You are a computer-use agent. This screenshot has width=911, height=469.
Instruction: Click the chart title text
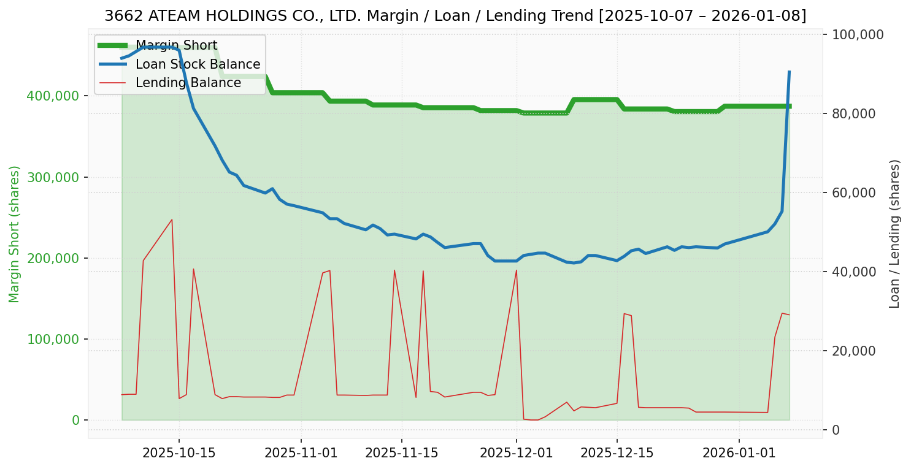(455, 16)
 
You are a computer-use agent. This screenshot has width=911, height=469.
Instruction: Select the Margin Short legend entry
(176, 46)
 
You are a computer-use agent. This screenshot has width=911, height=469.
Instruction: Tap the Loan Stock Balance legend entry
(198, 64)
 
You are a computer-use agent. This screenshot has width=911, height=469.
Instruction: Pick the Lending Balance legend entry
(188, 83)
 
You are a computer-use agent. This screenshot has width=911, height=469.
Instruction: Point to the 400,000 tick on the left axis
(53, 96)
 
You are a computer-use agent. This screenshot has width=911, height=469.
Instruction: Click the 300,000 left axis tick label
(53, 178)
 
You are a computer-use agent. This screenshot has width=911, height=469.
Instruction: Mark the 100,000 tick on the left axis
(53, 340)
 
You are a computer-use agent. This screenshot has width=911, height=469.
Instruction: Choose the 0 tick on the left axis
(76, 421)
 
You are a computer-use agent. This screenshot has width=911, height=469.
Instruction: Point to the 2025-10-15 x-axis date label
(179, 453)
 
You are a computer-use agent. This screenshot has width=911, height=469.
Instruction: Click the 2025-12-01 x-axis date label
(516, 453)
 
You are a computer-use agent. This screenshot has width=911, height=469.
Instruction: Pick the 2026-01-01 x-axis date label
(739, 453)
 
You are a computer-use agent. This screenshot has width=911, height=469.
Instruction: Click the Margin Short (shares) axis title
(15, 234)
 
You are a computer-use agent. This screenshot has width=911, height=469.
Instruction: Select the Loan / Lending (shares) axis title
(894, 234)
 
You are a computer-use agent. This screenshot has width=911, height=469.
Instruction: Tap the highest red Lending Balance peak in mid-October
(172, 219)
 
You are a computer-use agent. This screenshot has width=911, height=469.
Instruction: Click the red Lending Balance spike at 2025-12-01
(517, 270)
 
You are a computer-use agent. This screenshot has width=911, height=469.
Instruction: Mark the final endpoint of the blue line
(789, 72)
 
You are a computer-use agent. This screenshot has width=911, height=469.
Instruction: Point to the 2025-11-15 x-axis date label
(401, 453)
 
